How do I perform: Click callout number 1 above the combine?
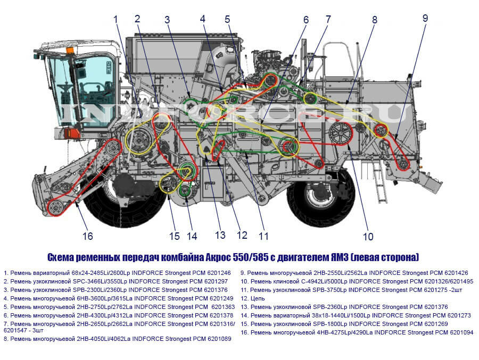(116, 19)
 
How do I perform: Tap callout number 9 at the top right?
(425, 18)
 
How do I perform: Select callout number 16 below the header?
(87, 236)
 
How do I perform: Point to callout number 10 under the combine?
(368, 236)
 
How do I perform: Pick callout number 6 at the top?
(305, 20)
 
